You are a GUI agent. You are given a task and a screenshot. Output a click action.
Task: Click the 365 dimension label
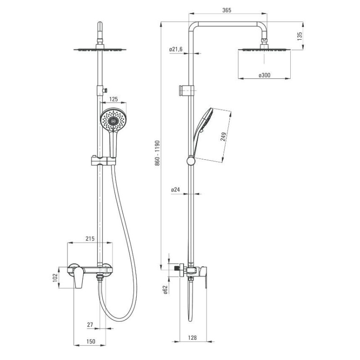tap(227, 10)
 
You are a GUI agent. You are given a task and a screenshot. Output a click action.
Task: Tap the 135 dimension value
tap(300, 36)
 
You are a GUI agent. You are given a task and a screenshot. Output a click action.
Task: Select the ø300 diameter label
tap(264, 75)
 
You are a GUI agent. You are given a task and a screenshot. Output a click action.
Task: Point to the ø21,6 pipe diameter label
tap(176, 49)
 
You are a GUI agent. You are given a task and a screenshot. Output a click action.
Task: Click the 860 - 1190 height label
tap(157, 153)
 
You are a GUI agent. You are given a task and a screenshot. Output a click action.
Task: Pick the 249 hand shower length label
tap(223, 137)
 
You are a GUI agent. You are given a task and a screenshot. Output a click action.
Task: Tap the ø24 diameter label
tap(175, 189)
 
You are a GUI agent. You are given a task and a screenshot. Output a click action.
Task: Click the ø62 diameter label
tap(166, 289)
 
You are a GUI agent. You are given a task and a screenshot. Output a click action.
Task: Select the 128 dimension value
tap(192, 338)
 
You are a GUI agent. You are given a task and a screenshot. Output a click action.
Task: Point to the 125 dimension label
tap(113, 99)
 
